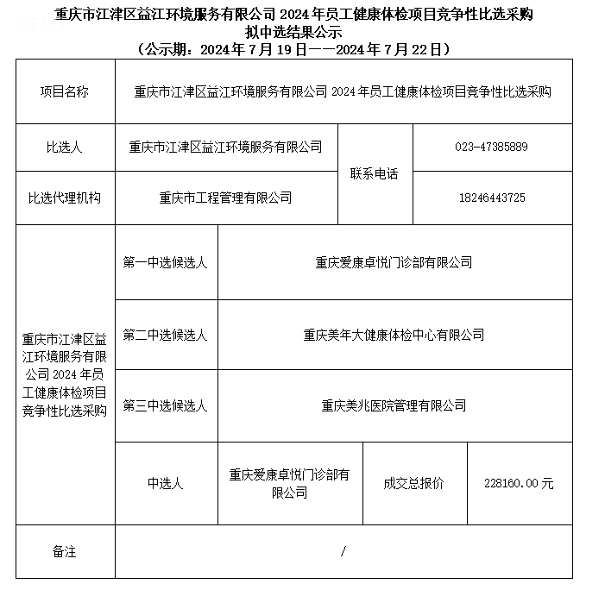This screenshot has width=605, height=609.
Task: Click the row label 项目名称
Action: (x=65, y=91)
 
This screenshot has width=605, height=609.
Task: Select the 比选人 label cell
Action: (x=65, y=148)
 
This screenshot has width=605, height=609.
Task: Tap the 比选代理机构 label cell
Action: (x=65, y=198)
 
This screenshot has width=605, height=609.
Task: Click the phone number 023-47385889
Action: (x=491, y=148)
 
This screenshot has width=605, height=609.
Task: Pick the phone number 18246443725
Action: (x=491, y=198)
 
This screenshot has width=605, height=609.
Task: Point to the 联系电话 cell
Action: (x=375, y=173)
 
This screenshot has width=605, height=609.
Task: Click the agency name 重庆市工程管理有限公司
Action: (x=225, y=198)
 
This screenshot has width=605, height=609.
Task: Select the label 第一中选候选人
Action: (x=165, y=262)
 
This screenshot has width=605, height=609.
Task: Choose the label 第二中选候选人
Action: (x=165, y=335)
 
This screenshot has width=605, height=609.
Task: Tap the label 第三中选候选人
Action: (x=165, y=405)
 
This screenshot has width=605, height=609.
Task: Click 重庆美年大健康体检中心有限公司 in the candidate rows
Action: (x=394, y=335)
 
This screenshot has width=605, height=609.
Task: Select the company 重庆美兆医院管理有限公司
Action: (x=394, y=405)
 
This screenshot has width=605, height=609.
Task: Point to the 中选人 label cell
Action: (x=165, y=484)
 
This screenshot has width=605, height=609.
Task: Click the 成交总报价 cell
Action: (x=414, y=484)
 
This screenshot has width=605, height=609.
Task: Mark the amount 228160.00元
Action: (x=519, y=484)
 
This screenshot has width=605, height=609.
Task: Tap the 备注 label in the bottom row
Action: (x=65, y=551)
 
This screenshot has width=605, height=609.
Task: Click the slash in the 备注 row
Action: (x=343, y=551)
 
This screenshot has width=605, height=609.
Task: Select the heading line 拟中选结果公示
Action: (x=293, y=32)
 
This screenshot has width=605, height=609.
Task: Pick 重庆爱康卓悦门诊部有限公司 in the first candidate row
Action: (x=394, y=262)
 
